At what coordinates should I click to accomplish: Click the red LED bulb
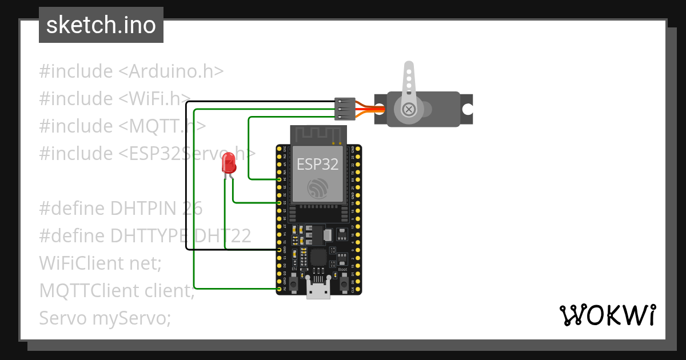click(229, 163)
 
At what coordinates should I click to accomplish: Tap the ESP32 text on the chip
click(317, 165)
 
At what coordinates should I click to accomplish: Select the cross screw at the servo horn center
click(408, 109)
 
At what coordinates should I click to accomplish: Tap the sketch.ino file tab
click(101, 25)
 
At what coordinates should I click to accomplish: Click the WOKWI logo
click(607, 315)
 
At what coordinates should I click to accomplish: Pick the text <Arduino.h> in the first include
click(171, 71)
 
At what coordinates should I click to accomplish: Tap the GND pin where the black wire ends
click(279, 250)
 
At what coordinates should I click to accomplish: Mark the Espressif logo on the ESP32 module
click(317, 189)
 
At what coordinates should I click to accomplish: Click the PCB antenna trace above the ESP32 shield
click(318, 134)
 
